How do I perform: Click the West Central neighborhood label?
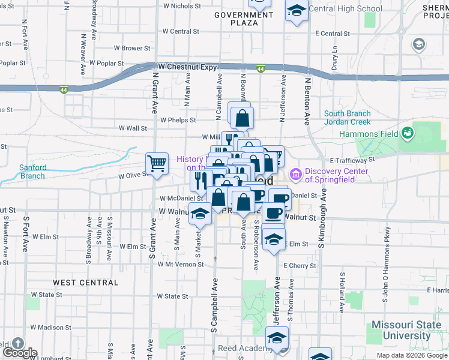pyautogui.click(x=85, y=283)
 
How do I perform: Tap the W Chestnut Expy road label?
pyautogui.click(x=187, y=67)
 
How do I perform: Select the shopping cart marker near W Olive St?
pyautogui.click(x=157, y=163)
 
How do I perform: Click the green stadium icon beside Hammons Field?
pyautogui.click(x=408, y=131)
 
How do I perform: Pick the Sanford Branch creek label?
pyautogui.click(x=32, y=172)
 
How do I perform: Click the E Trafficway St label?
pyautogui.click(x=352, y=160)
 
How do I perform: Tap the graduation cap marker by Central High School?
pyautogui.click(x=296, y=11)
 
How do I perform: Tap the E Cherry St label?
pyautogui.click(x=299, y=265)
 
